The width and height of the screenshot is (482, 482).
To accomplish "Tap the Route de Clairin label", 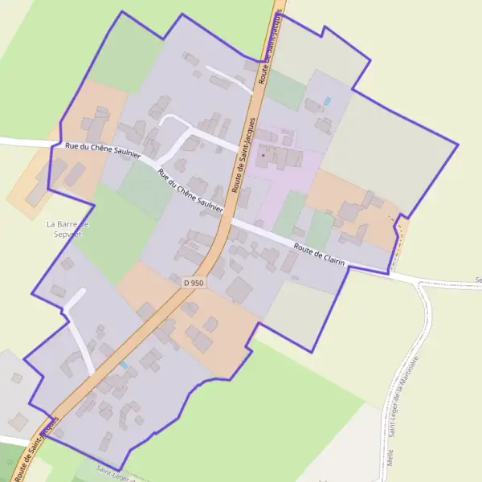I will (319, 254).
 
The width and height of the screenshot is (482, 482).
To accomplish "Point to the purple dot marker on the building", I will (263, 155).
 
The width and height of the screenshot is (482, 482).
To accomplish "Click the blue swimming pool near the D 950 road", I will (123, 366).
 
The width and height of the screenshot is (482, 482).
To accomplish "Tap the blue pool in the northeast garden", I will (326, 101).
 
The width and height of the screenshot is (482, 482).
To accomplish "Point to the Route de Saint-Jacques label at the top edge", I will (271, 40).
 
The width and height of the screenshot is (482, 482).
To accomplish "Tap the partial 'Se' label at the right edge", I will (477, 280).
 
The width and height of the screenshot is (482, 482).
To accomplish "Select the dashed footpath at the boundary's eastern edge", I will (396, 233).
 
